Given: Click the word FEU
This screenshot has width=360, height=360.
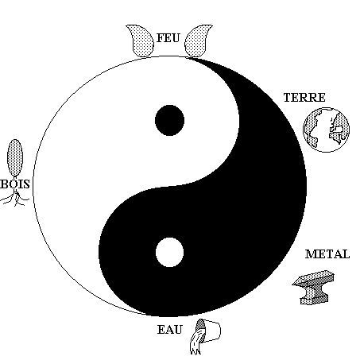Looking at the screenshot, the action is pyautogui.click(x=168, y=38).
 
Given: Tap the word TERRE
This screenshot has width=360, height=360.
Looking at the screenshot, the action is pyautogui.click(x=304, y=98).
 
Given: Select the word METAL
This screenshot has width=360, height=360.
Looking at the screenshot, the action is pyautogui.click(x=327, y=254).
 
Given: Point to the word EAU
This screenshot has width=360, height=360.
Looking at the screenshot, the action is pyautogui.click(x=170, y=330).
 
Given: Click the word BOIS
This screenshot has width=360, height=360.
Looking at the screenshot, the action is pyautogui.click(x=15, y=184).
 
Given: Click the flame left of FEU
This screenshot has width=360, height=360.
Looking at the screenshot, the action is pyautogui.click(x=141, y=41).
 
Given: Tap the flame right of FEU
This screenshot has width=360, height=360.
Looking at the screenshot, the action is pyautogui.click(x=198, y=41).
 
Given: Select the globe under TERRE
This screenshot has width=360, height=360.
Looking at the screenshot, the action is pyautogui.click(x=327, y=130).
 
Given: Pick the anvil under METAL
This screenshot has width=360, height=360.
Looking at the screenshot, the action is pyautogui.click(x=313, y=288).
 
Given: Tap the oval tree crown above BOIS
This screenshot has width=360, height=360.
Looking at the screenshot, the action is pyautogui.click(x=15, y=158).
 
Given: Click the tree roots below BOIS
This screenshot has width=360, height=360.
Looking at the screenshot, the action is pyautogui.click(x=14, y=199).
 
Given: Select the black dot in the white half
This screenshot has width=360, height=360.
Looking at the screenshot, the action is pyautogui.click(x=169, y=120).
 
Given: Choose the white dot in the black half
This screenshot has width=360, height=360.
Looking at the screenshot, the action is pyautogui.click(x=169, y=252).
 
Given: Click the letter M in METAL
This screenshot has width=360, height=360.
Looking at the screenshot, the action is pyautogui.click(x=312, y=254).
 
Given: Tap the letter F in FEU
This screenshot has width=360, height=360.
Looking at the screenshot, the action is pyautogui.click(x=161, y=38).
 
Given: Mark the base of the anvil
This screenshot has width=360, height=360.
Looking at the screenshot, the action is pyautogui.click(x=315, y=300).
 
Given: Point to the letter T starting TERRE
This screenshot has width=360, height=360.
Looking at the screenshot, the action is pyautogui.click(x=288, y=98).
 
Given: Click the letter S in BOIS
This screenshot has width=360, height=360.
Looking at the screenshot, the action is pyautogui.click(x=26, y=184).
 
